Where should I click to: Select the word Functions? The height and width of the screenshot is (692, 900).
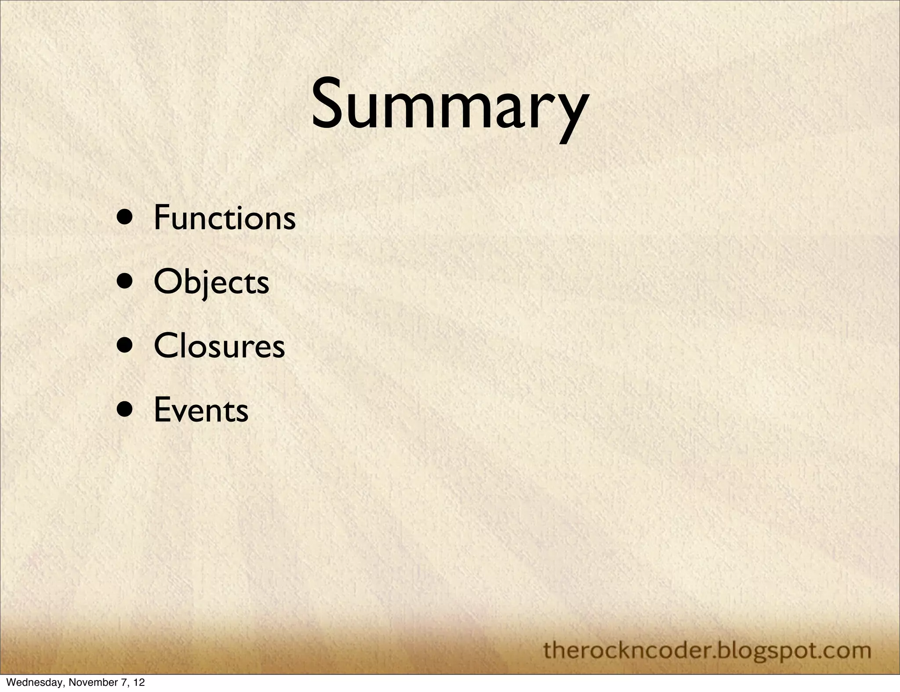coord(225,217)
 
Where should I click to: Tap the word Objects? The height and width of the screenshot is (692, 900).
coord(211,282)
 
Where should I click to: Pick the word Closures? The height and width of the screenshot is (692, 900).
coord(219,346)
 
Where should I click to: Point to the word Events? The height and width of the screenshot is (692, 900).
coord(201,410)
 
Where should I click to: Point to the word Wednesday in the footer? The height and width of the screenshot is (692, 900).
coord(26,683)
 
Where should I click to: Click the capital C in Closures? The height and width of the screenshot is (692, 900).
coord(165,346)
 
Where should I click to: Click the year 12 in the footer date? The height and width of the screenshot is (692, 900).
coord(139,683)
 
